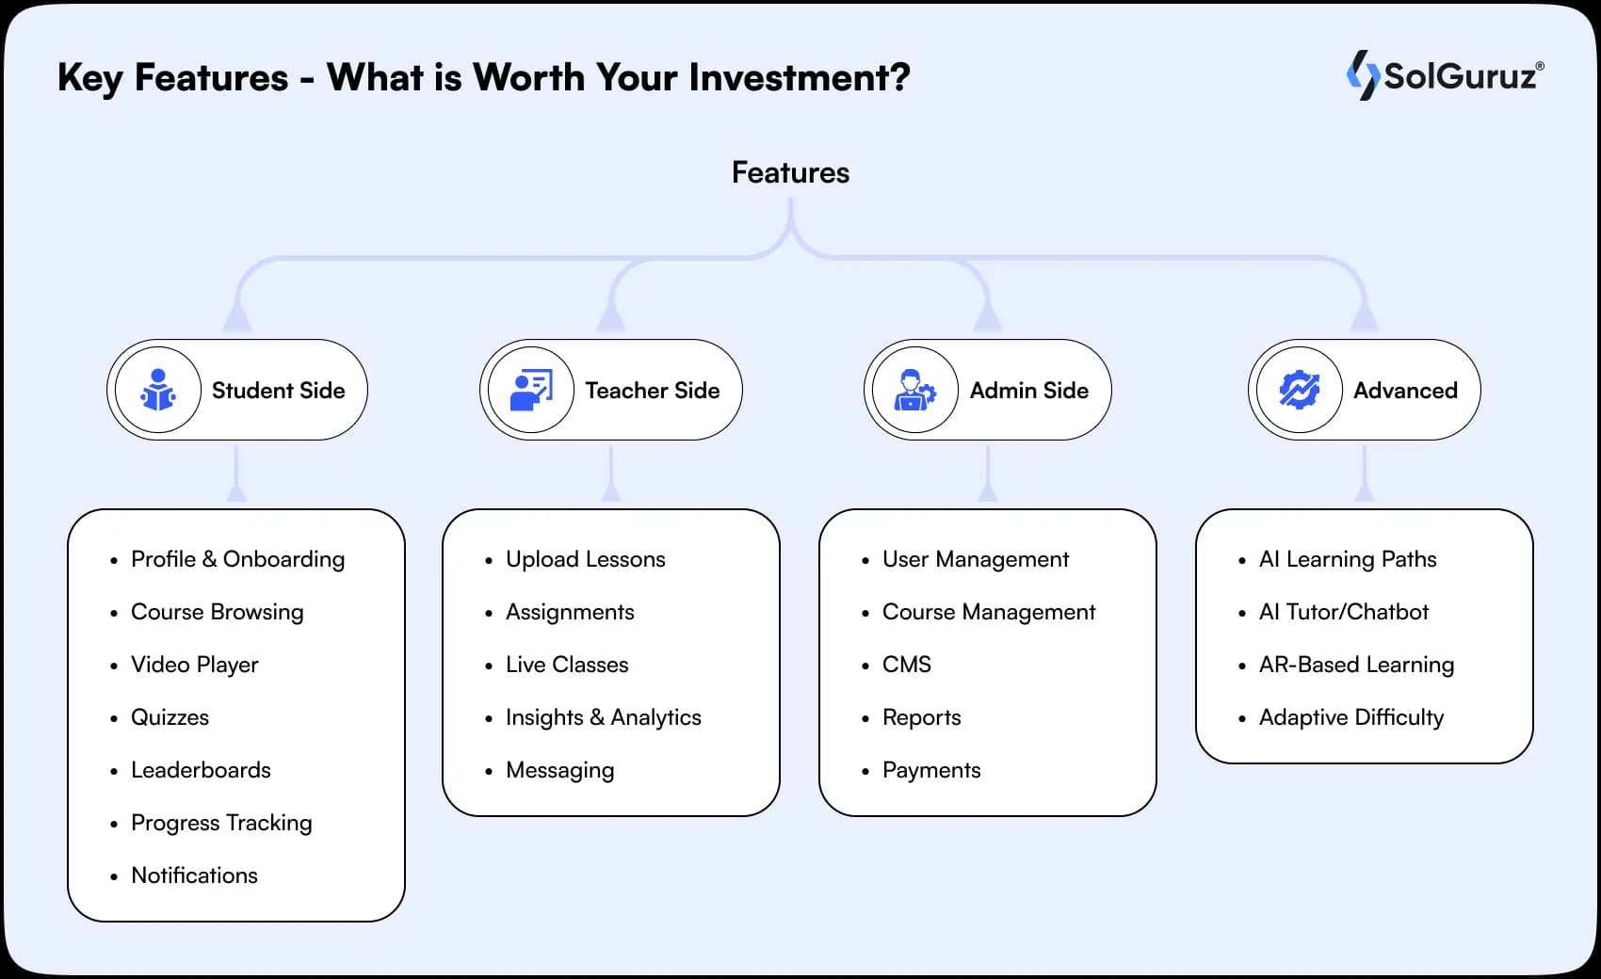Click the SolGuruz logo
pos(1445,75)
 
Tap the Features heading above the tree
pos(790,172)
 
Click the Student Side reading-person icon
pos(158,390)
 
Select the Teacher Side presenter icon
pos(531,390)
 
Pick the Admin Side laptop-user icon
pos(914,390)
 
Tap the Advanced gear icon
pos(1299,390)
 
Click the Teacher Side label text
pos(652,390)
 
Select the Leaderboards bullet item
pos(201,770)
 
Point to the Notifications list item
pos(194,875)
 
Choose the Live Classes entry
pos(566,665)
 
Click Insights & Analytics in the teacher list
pos(603,717)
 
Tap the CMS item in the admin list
pos(906,665)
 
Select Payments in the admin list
pos(930,770)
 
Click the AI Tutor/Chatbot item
pos(1343,612)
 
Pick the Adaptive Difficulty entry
pos(1350,717)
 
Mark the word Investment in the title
pos(799,77)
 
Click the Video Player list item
pos(194,665)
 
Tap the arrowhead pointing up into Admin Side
pos(987,317)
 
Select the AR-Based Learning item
pos(1356,665)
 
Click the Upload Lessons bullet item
pos(585,559)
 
